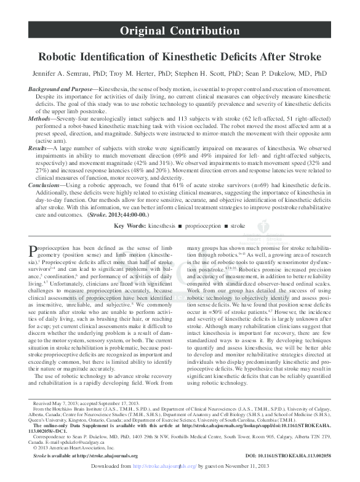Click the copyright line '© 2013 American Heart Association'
coord(79,448)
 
